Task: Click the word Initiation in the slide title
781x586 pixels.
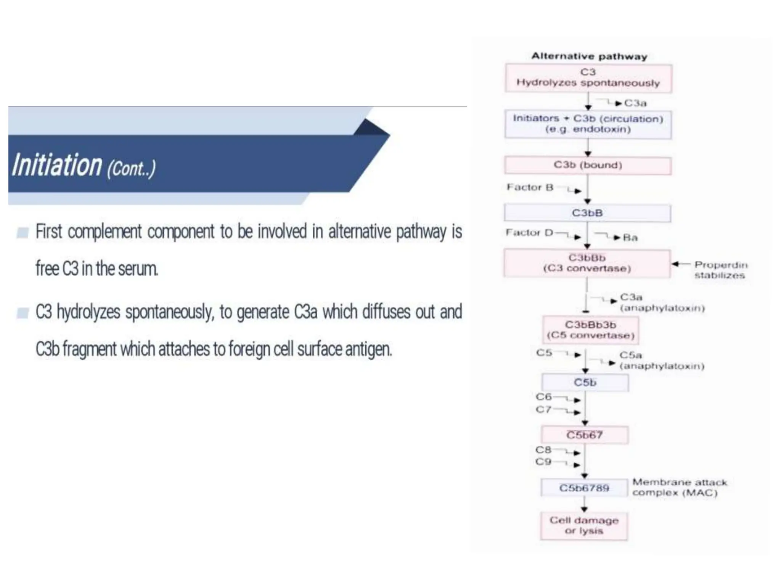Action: (57, 165)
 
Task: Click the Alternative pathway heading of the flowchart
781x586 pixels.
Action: (589, 56)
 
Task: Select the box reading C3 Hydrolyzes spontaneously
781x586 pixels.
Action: (588, 78)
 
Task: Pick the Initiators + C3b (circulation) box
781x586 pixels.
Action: (588, 124)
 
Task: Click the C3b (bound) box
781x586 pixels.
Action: (588, 165)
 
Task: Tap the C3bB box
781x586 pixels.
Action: (587, 213)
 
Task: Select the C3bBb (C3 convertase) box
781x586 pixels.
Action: (587, 263)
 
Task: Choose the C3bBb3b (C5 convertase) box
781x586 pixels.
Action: (590, 330)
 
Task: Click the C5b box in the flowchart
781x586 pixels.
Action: (585, 382)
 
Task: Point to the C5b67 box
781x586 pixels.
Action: (584, 435)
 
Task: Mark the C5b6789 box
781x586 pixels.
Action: (584, 488)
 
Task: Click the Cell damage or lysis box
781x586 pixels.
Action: (584, 526)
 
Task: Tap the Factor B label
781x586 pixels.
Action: (530, 187)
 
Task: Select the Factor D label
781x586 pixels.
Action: (529, 233)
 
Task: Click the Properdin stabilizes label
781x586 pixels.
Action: (720, 270)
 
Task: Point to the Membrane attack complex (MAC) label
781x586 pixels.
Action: (679, 487)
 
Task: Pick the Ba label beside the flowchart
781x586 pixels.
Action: (630, 238)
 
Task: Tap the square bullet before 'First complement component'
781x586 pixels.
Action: (22, 232)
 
